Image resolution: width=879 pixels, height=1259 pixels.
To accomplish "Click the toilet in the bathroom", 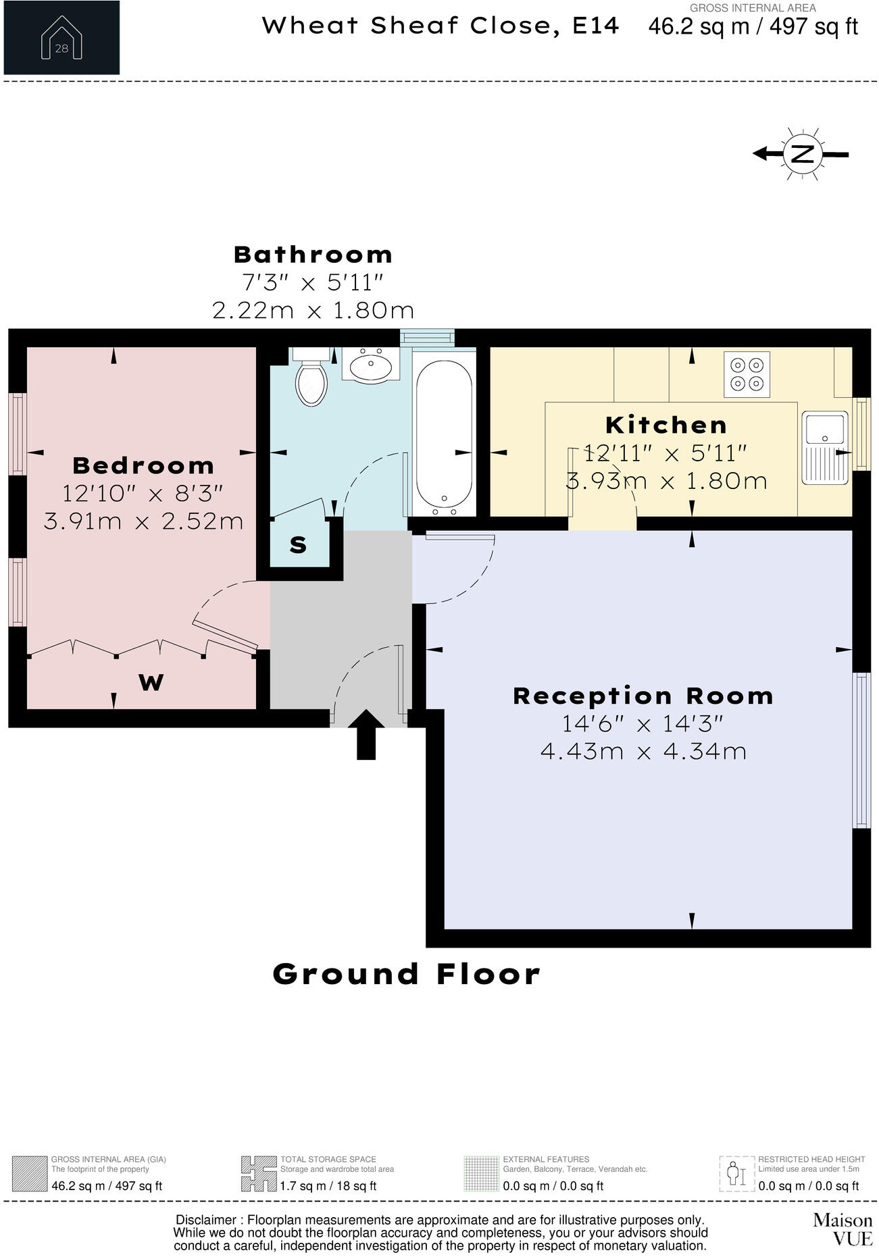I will point(311,380).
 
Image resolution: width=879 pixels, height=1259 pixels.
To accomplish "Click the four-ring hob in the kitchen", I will point(747,374).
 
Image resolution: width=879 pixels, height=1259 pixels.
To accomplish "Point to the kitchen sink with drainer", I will point(825,447).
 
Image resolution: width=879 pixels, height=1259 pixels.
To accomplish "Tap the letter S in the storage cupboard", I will point(298,545).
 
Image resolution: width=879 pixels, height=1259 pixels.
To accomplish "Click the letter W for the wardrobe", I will point(151,683).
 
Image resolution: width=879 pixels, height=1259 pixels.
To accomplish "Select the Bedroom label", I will point(143,465).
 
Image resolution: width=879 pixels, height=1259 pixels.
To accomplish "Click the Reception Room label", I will point(643,696).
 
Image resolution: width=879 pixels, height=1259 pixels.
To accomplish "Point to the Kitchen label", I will point(666,425).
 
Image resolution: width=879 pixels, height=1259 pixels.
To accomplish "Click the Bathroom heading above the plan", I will point(313,255).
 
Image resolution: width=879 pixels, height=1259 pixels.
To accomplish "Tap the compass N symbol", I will point(802,154).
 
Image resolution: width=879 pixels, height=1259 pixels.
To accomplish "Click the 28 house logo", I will point(61,38).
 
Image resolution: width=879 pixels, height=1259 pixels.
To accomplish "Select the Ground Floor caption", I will point(406,974).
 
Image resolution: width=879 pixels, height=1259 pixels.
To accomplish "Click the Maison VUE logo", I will point(842,1229).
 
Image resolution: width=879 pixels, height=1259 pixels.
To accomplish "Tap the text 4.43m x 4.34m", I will point(643,751).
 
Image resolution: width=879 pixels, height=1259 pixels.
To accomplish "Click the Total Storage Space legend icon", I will point(259,1173).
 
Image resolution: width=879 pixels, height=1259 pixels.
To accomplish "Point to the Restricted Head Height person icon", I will point(735,1173).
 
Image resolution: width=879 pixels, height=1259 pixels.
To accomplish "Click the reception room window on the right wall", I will point(861,750).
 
